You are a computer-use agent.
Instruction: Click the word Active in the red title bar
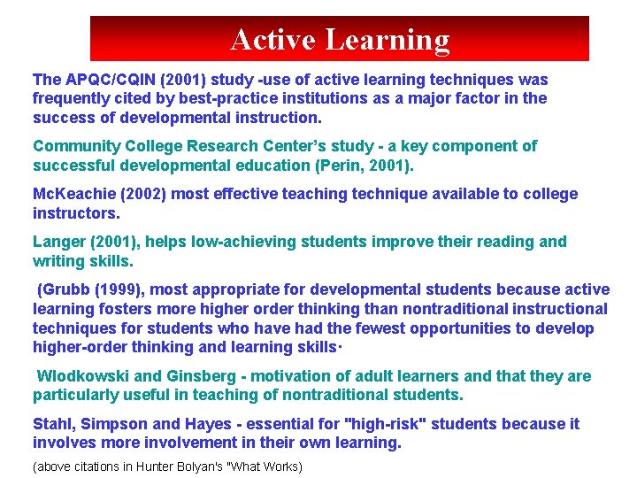click(x=272, y=40)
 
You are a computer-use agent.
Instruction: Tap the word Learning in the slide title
click(x=388, y=40)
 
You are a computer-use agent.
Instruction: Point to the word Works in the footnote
click(x=281, y=466)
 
